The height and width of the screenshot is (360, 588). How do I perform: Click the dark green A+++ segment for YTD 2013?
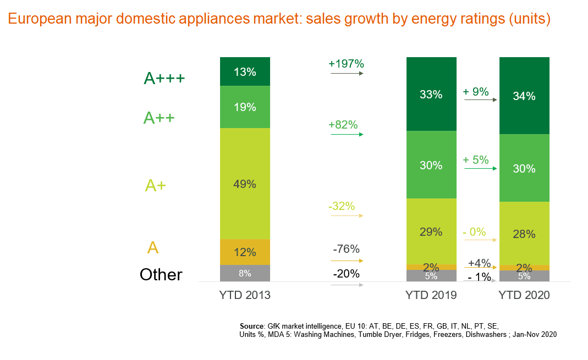point(245,71)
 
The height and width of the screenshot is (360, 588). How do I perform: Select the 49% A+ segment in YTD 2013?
point(245,184)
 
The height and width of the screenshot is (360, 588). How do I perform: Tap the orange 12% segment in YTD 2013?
point(245,252)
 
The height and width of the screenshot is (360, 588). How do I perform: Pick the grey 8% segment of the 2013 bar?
point(245,273)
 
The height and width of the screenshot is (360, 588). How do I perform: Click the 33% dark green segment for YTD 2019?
point(431,94)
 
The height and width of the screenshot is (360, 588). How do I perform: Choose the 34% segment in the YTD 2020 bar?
point(524,96)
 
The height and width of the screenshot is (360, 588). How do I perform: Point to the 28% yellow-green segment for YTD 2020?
point(524,234)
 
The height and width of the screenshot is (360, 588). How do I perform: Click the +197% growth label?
point(346,64)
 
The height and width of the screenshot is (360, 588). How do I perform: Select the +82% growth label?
point(343,125)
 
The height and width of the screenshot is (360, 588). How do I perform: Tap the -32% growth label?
point(341,207)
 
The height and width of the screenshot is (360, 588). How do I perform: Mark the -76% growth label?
point(346,249)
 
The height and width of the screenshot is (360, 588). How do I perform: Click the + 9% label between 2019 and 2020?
point(476,92)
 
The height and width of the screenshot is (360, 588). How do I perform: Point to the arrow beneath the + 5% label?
point(481,168)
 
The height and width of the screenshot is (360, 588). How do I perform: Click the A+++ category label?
point(164,79)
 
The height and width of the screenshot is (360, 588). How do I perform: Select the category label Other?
point(161,274)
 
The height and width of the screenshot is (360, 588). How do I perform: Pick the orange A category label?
point(153,247)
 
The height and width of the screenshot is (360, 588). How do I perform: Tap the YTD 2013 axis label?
point(245,295)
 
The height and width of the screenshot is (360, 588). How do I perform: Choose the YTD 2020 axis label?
point(524,295)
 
